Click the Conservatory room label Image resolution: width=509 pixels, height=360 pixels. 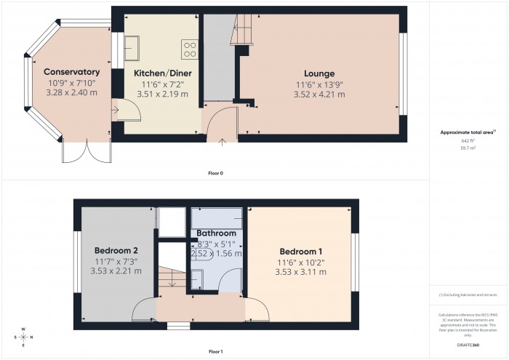click(71, 72)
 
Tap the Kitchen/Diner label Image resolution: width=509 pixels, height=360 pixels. click(161, 73)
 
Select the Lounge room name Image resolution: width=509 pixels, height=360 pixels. click(319, 73)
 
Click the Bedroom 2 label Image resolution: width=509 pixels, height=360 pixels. click(116, 251)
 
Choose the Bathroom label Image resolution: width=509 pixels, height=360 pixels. click(217, 233)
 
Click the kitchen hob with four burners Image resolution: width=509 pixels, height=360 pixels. click(191, 49)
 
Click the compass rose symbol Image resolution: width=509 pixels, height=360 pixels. click(23, 337)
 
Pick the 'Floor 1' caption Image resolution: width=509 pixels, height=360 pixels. click(215, 352)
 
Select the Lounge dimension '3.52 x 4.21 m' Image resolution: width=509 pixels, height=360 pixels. click(319, 93)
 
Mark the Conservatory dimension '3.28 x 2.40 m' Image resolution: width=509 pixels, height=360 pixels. click(71, 92)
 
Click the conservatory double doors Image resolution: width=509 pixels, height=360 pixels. click(86, 151)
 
